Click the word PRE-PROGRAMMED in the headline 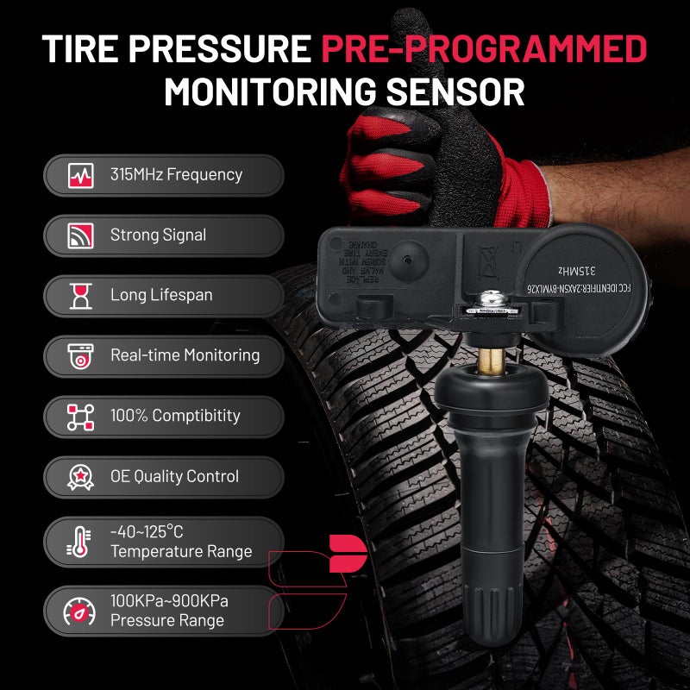(x=484, y=50)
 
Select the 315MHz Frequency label (x=176, y=174)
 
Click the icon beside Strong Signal (x=80, y=235)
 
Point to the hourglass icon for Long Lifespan (x=80, y=296)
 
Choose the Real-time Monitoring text (x=185, y=355)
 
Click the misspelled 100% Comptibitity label (x=175, y=416)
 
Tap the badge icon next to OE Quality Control (x=80, y=476)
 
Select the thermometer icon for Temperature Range (x=80, y=542)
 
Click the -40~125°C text (x=147, y=531)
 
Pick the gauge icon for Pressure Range (x=80, y=611)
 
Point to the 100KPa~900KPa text (x=169, y=600)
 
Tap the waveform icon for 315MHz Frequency (x=80, y=175)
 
